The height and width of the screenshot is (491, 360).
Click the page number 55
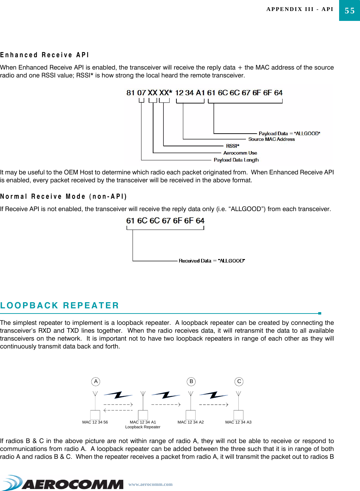click(x=349, y=11)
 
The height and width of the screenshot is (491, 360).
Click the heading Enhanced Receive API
click(x=45, y=55)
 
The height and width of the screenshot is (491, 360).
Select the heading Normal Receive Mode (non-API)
click(x=63, y=196)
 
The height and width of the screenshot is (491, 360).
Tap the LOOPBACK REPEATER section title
click(x=60, y=305)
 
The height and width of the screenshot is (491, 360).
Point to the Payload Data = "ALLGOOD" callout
click(x=289, y=133)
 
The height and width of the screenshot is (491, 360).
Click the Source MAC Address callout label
click(x=271, y=139)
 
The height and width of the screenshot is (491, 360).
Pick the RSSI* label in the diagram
click(x=233, y=146)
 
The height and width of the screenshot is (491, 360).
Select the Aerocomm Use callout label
click(x=240, y=153)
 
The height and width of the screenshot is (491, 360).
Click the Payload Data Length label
click(x=236, y=160)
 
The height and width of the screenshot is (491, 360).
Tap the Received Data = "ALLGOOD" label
click(x=212, y=261)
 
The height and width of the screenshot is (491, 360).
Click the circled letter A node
click(x=96, y=381)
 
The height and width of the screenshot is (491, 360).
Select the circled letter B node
click(x=191, y=381)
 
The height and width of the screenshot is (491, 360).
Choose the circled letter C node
click(x=239, y=381)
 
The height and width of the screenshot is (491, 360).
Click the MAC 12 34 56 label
click(x=95, y=422)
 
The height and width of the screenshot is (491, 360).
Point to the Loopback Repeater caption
click(x=142, y=427)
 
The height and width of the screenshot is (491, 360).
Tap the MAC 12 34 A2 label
click(x=190, y=422)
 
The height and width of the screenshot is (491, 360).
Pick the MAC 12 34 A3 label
click(x=238, y=422)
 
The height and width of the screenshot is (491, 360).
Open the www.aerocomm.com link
click(x=150, y=484)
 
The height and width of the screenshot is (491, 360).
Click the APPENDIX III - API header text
click(x=300, y=9)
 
